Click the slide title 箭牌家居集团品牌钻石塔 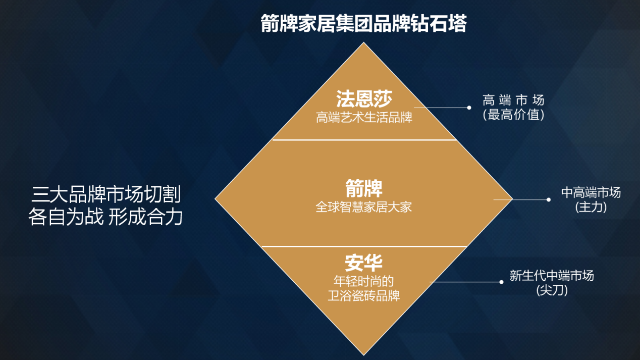pyautogui.click(x=364, y=23)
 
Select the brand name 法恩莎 pyautogui.click(x=364, y=99)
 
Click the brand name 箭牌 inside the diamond pyautogui.click(x=364, y=188)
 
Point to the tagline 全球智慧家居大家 pyautogui.click(x=364, y=207)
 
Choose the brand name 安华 pyautogui.click(x=363, y=263)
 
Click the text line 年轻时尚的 pyautogui.click(x=364, y=281)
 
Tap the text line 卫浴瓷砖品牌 pyautogui.click(x=364, y=296)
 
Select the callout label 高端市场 pyautogui.click(x=513, y=100)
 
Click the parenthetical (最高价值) pyautogui.click(x=513, y=115)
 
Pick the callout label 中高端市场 pyautogui.click(x=591, y=192)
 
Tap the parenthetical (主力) pyautogui.click(x=591, y=207)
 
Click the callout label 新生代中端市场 pyautogui.click(x=552, y=276)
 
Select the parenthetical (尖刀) pyautogui.click(x=552, y=290)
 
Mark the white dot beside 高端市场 pyautogui.click(x=469, y=108)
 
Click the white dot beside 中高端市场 pyautogui.click(x=548, y=200)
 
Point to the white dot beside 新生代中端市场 pyautogui.click(x=501, y=282)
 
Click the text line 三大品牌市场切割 pyautogui.click(x=106, y=194)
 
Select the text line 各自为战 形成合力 pyautogui.click(x=105, y=217)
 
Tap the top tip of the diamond pyautogui.click(x=364, y=42)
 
